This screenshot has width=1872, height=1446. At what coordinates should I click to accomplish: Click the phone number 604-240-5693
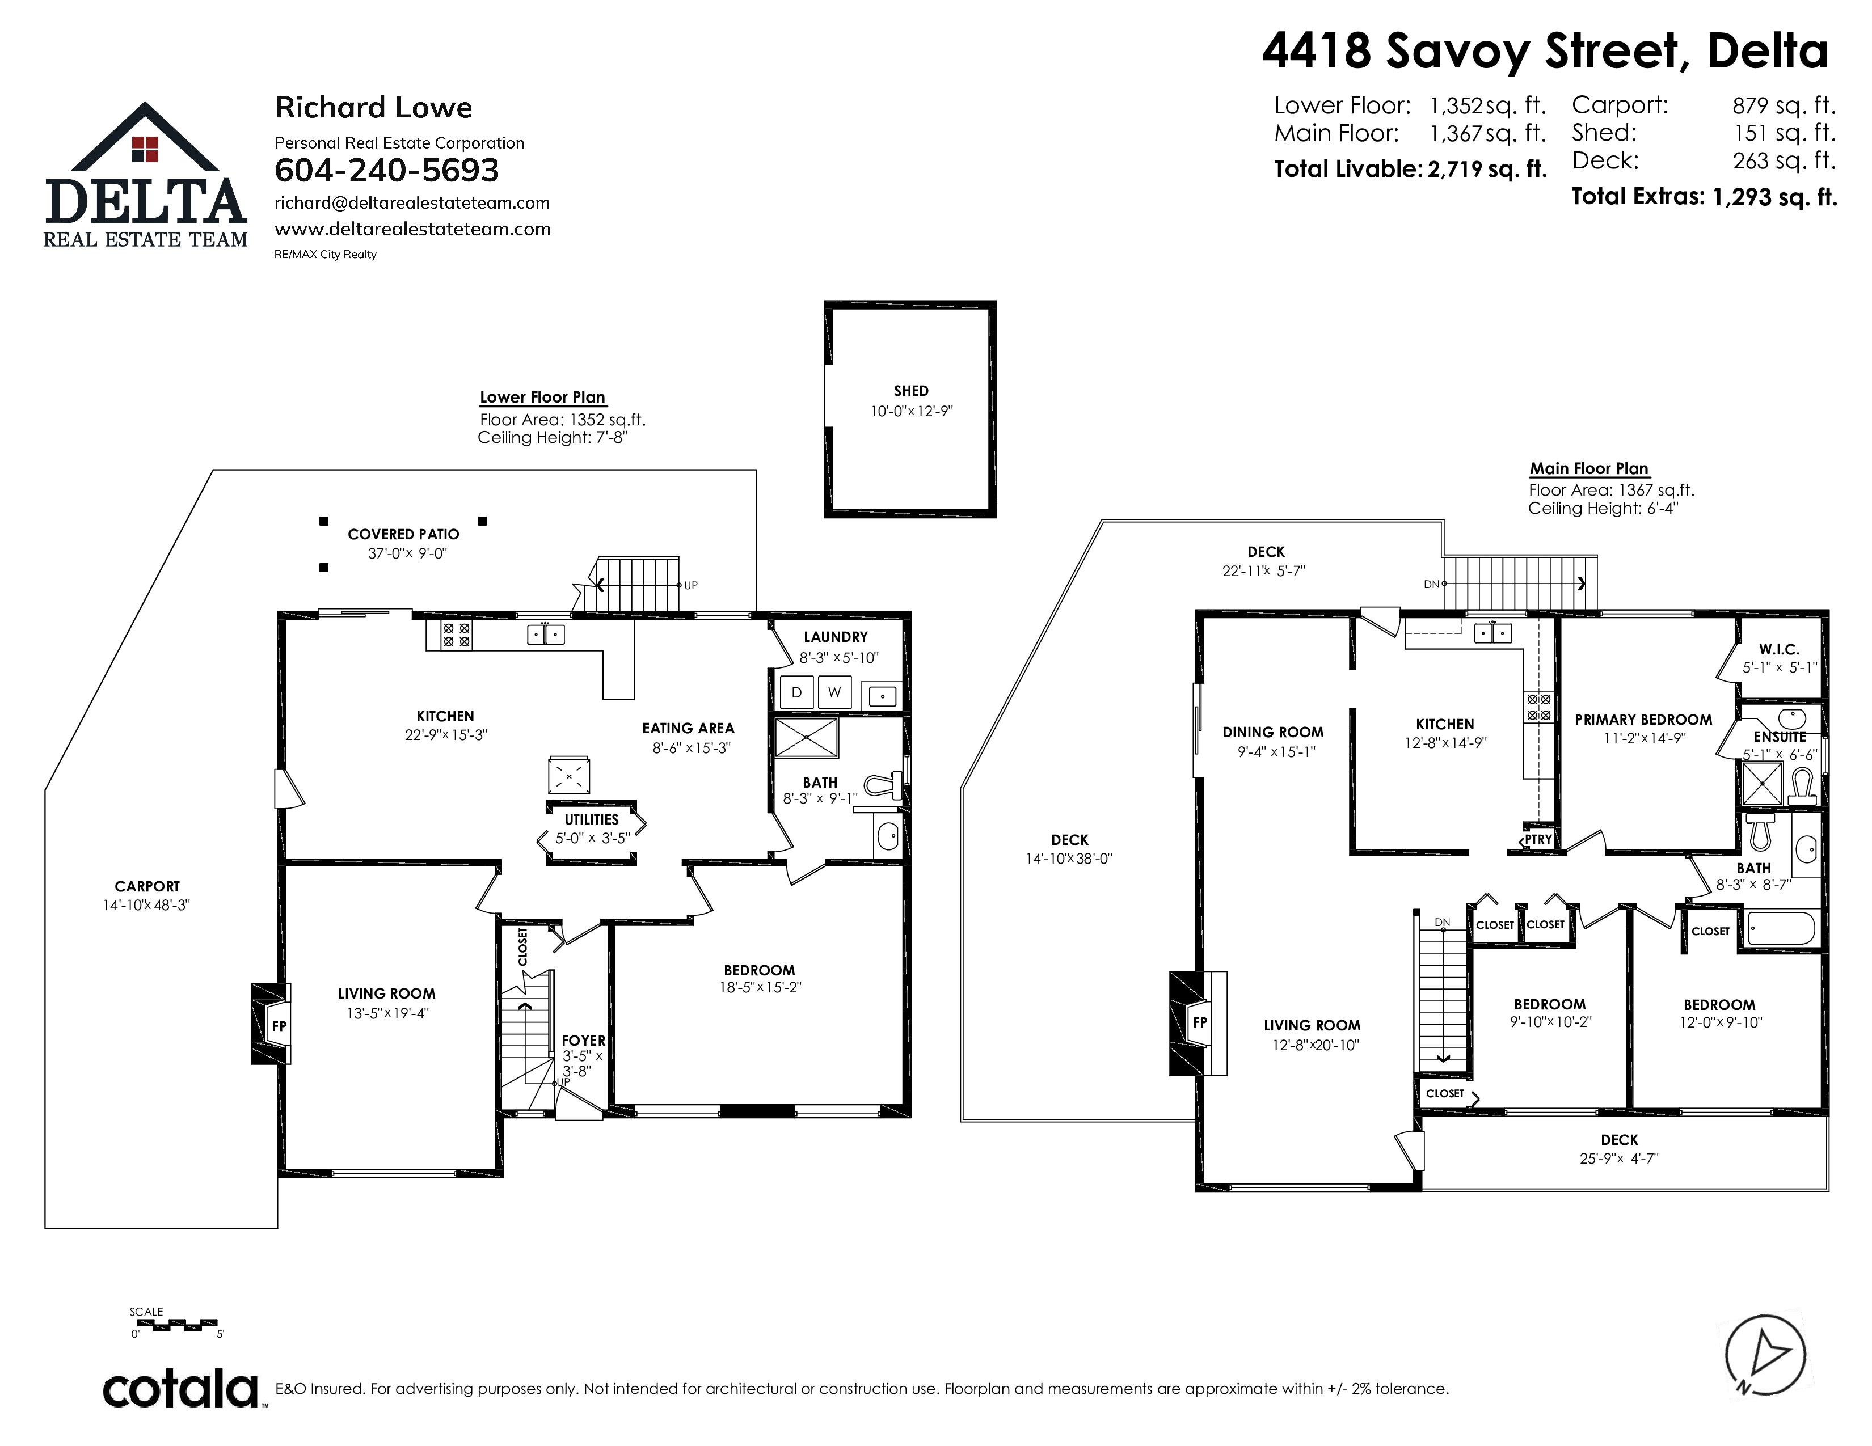(386, 171)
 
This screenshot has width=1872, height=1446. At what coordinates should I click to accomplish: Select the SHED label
(911, 391)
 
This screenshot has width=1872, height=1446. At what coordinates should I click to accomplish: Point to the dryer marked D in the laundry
(796, 692)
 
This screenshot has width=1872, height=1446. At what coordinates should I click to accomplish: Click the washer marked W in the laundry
(834, 692)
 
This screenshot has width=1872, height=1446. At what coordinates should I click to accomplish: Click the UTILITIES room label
(592, 820)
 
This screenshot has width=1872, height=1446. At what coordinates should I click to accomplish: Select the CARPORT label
(147, 887)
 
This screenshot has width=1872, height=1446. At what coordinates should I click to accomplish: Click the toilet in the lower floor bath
(884, 784)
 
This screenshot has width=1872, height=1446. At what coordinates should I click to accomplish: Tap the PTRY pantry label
(1538, 839)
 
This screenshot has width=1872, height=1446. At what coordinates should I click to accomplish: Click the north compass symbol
(1765, 1356)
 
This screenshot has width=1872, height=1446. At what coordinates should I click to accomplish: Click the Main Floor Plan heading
(1589, 468)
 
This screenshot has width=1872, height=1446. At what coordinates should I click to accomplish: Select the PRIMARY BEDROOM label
(1643, 720)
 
